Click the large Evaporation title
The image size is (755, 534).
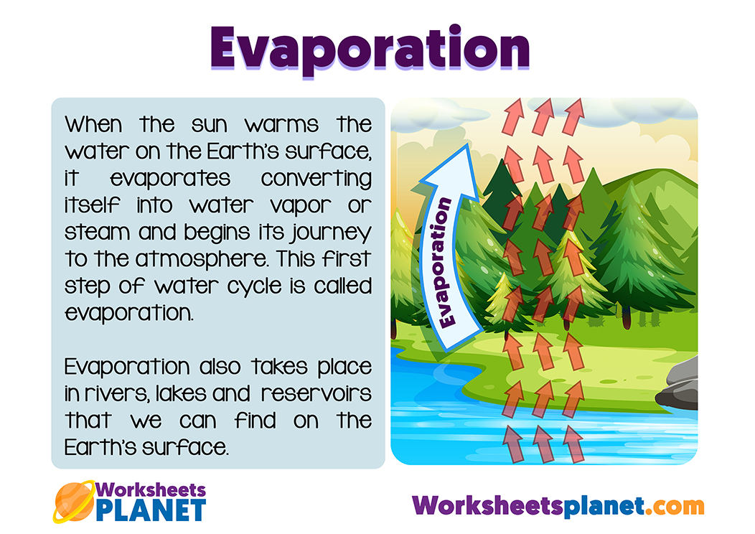pyautogui.click(x=370, y=49)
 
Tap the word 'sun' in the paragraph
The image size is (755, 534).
pyautogui.click(x=209, y=125)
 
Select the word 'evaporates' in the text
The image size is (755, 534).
pyautogui.click(x=171, y=179)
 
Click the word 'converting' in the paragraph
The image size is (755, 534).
pyautogui.click(x=316, y=179)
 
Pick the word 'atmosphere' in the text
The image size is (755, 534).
pyautogui.click(x=201, y=259)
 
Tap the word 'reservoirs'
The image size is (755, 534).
pyautogui.click(x=316, y=394)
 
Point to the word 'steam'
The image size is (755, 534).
pyautogui.click(x=98, y=233)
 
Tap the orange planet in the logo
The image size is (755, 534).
pyautogui.click(x=74, y=502)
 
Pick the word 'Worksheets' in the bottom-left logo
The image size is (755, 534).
pyautogui.click(x=151, y=490)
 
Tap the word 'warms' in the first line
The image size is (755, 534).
pyautogui.click(x=281, y=125)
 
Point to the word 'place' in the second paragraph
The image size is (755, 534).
pyautogui.click(x=344, y=368)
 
